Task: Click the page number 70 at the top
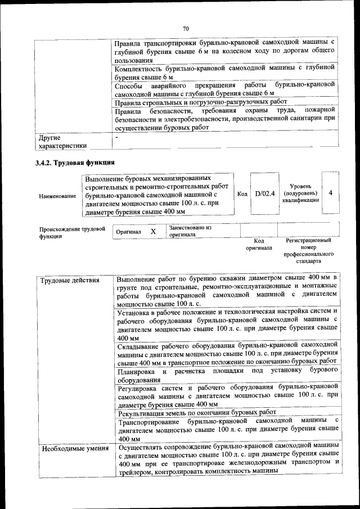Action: pyautogui.click(x=185, y=29)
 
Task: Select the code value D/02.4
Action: pyautogui.click(x=264, y=193)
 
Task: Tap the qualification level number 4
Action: pyautogui.click(x=331, y=193)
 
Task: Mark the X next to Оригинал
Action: pyautogui.click(x=153, y=231)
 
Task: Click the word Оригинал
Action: pyautogui.click(x=128, y=232)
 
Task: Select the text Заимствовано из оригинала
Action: pyautogui.click(x=190, y=231)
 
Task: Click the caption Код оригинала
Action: pyautogui.click(x=259, y=244)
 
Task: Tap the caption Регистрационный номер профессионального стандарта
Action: pyautogui.click(x=309, y=251)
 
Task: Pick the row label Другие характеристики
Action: pyautogui.click(x=62, y=141)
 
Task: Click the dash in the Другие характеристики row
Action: pyautogui.click(x=116, y=137)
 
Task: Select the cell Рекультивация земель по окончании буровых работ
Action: pyautogui.click(x=197, y=411)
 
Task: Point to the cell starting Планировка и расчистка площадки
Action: pyautogui.click(x=227, y=375)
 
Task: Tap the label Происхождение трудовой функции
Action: pyautogui.click(x=73, y=232)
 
